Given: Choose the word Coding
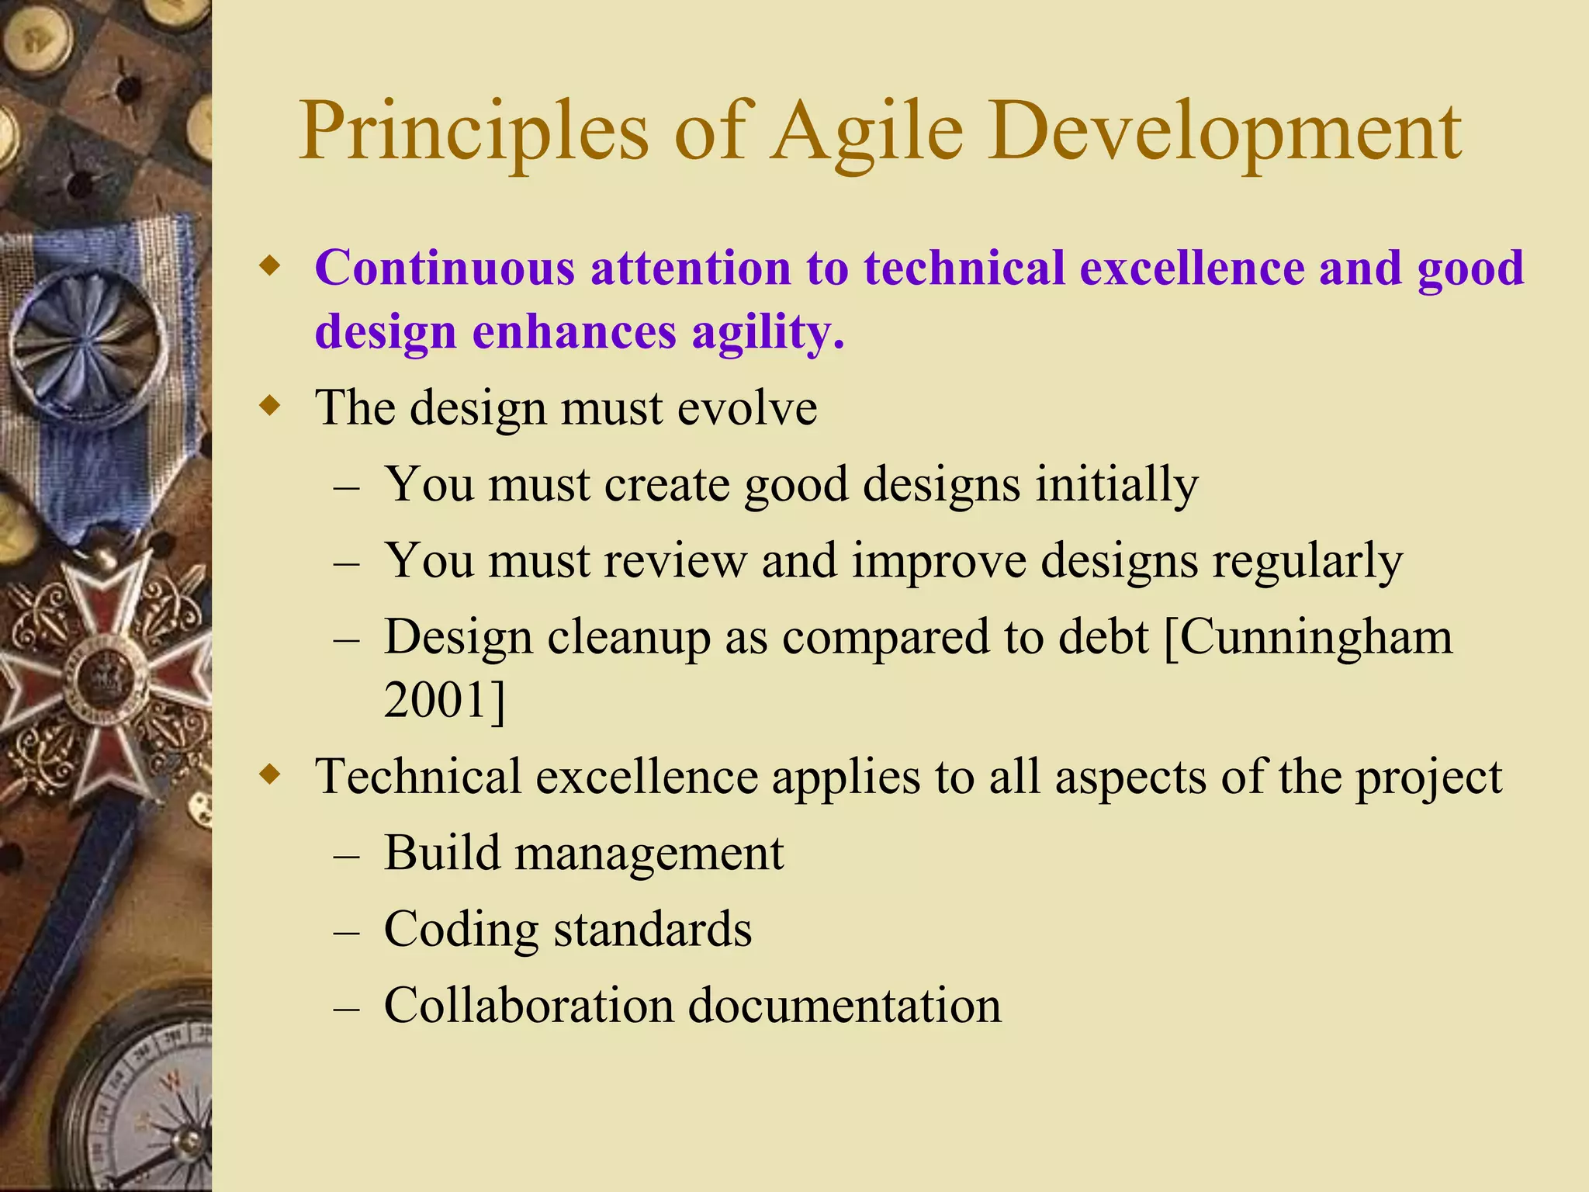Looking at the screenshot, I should (461, 930).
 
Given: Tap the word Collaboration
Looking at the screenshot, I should (528, 1006).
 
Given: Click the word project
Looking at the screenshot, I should (1428, 778).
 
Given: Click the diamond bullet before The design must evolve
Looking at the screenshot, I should (269, 405).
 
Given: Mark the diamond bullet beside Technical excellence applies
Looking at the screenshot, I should (269, 774).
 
